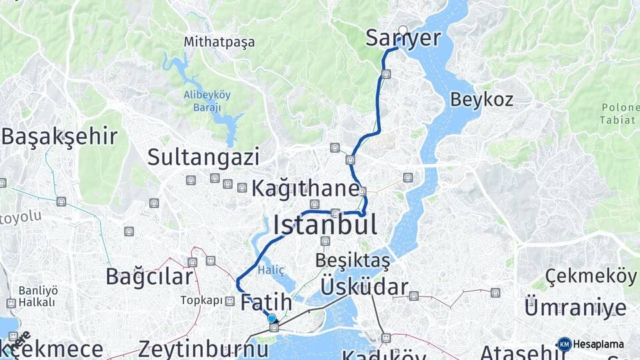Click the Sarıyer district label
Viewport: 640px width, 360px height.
click(403, 39)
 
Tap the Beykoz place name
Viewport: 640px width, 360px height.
click(481, 100)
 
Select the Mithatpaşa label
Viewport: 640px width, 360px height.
click(219, 43)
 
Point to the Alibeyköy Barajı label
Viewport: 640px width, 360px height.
click(207, 100)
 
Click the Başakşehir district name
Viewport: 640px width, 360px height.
click(59, 137)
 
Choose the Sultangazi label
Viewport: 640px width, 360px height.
click(203, 157)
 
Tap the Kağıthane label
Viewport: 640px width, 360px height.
click(305, 189)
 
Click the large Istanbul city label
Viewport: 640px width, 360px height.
click(325, 225)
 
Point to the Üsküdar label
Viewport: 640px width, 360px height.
click(364, 287)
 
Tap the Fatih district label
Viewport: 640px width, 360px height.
click(265, 302)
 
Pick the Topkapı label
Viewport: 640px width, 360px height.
click(201, 301)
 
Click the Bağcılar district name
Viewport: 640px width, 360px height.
click(151, 276)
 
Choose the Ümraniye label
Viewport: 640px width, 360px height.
click(575, 308)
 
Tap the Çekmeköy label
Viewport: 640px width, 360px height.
click(590, 275)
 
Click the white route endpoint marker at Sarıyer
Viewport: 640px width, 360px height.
click(403, 30)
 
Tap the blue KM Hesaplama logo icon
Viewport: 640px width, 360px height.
click(565, 345)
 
